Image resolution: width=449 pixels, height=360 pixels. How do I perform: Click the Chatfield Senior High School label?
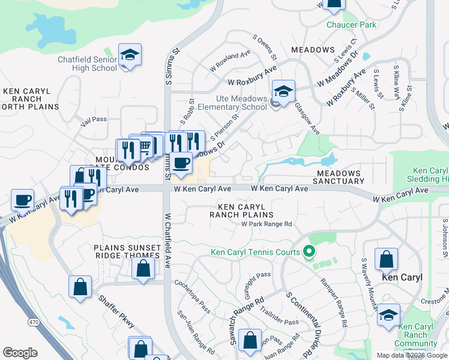[x=87, y=64]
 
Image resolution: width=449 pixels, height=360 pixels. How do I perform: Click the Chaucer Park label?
[x=351, y=25]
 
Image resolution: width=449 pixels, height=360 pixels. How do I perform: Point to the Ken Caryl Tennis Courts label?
[x=255, y=252]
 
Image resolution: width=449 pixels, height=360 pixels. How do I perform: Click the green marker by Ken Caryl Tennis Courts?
[x=310, y=251]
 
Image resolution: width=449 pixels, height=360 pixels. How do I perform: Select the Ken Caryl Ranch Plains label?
[x=241, y=210]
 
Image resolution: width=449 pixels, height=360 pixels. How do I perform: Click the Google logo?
[x=20, y=352]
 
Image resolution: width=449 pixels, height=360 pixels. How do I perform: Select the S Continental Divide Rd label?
[x=301, y=322]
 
